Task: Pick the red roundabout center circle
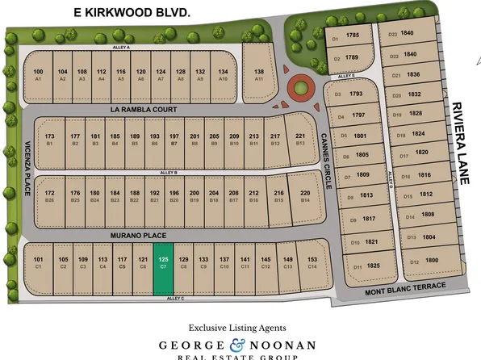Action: [300, 86]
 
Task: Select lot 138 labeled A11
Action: [259, 75]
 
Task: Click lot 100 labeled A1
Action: [38, 75]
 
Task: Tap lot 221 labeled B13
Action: [299, 139]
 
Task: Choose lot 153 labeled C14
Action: [312, 262]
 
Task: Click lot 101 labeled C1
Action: [38, 262]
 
